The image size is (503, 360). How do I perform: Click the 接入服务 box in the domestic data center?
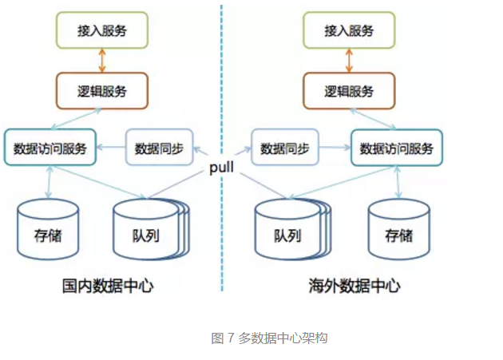(102, 30)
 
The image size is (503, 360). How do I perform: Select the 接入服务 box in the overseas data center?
(349, 30)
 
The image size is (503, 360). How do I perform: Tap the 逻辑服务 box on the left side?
(102, 91)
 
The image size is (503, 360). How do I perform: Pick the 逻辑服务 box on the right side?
(349, 91)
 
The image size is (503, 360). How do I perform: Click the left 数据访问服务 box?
(50, 147)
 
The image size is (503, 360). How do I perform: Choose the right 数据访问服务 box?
(397, 148)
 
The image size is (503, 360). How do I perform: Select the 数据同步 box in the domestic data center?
(159, 147)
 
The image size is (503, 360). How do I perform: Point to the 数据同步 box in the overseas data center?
(285, 147)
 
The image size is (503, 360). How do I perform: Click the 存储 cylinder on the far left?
(48, 229)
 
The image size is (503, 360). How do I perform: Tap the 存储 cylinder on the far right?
(398, 229)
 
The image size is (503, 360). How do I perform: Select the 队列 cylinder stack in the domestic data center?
(151, 229)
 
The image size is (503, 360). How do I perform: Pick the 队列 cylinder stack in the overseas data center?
(293, 229)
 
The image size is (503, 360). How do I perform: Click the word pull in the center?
(221, 168)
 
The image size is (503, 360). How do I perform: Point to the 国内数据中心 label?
(108, 286)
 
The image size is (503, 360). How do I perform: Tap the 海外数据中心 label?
(354, 286)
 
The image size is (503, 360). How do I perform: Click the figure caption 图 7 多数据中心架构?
(269, 338)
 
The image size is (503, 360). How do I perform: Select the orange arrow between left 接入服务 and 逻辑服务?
(102, 61)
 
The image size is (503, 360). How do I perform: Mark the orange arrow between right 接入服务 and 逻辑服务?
(349, 61)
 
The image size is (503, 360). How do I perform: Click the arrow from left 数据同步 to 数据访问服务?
(111, 147)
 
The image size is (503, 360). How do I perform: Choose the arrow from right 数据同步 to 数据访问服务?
(335, 147)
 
